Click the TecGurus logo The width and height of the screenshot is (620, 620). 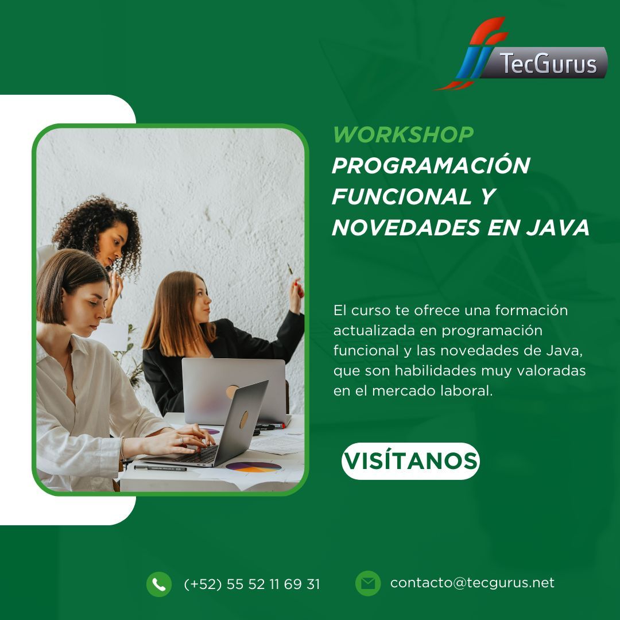click(x=522, y=54)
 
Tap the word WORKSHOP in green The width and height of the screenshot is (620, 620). click(x=403, y=134)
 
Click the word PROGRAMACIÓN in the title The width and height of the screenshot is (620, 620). click(x=431, y=165)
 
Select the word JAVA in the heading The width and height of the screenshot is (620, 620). click(x=557, y=227)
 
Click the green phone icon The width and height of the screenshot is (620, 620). click(x=159, y=584)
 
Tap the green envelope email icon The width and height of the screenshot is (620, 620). click(x=368, y=583)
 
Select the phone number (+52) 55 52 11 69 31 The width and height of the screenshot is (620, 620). click(x=252, y=584)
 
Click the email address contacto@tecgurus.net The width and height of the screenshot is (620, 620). click(x=472, y=583)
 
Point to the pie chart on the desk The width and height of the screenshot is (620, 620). click(x=254, y=467)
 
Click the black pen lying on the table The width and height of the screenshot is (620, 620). click(x=160, y=468)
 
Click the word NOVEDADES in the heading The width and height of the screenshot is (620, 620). click(x=406, y=227)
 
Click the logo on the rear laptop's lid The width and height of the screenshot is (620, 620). click(x=232, y=392)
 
